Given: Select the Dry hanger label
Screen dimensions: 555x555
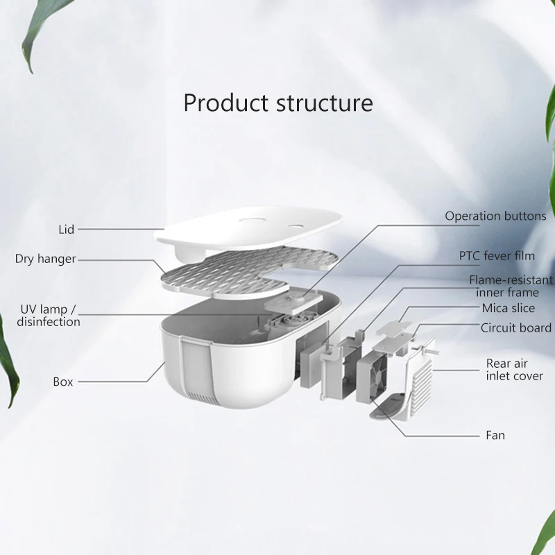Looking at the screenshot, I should click(45, 259).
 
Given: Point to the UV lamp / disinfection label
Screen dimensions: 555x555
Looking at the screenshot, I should click(49, 315).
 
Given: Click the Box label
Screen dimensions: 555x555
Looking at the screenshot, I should click(62, 381).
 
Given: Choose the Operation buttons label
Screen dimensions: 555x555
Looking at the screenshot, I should click(495, 216).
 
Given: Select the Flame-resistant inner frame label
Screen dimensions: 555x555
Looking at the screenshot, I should click(511, 286).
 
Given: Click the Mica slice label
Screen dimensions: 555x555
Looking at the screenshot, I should click(509, 308).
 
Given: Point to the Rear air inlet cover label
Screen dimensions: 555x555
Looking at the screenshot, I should click(514, 370).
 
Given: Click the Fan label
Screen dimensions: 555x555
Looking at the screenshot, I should click(495, 436).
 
